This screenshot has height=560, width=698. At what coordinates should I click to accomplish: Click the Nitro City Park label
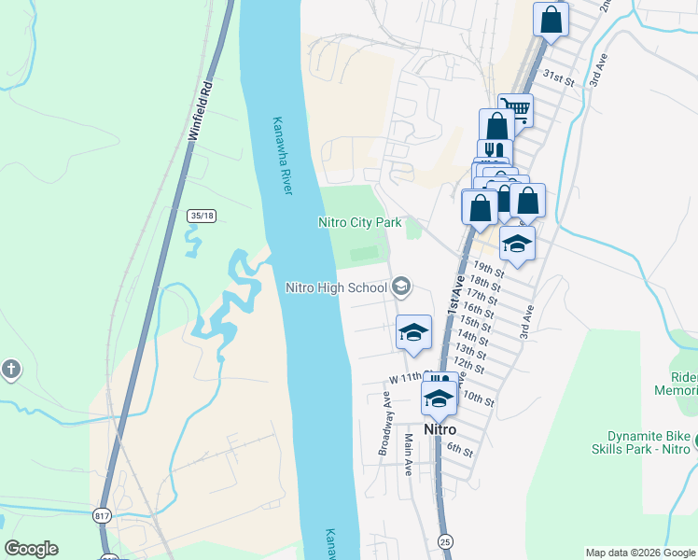[359, 222]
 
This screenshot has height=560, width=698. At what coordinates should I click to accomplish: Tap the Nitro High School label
[336, 287]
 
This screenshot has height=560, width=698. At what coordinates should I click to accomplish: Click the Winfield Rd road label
[201, 115]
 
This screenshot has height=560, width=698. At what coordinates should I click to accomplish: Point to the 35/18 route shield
[201, 216]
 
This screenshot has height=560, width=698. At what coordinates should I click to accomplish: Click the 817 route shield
[103, 515]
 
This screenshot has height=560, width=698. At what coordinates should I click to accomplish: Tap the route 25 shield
[445, 540]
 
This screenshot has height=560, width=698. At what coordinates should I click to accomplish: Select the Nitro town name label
[440, 430]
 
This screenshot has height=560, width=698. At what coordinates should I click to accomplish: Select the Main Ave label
[408, 455]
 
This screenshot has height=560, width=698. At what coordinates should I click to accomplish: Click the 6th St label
[460, 449]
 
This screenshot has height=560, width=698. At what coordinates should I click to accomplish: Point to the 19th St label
[489, 270]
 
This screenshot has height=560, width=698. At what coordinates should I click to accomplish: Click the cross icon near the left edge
[10, 369]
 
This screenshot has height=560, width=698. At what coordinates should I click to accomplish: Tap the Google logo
[31, 549]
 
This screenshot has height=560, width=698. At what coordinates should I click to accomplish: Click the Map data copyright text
[640, 553]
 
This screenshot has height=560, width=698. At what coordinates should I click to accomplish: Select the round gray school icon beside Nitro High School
[402, 287]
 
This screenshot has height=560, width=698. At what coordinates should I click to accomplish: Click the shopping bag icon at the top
[551, 18]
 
